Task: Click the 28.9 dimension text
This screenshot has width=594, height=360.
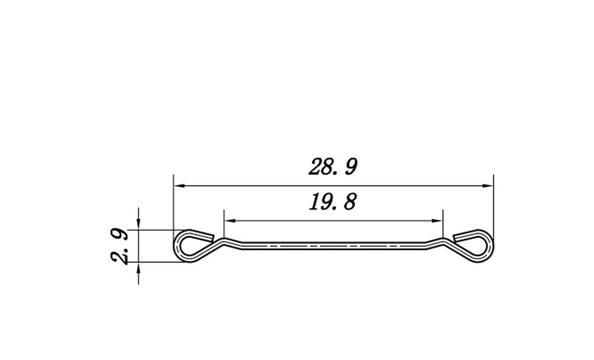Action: pos(333,167)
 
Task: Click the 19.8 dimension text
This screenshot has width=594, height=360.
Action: pos(332,202)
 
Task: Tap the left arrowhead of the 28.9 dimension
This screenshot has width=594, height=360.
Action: pos(179,186)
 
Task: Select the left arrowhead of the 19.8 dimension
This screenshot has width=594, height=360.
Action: pos(230,221)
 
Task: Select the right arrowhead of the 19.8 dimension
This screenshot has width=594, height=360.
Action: pos(437,221)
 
